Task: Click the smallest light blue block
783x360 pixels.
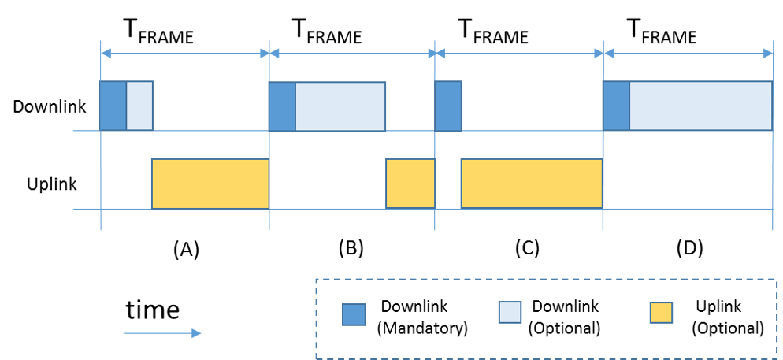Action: pos(139,106)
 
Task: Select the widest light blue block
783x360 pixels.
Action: pos(700,106)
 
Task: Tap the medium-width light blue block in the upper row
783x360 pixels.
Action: pos(340,106)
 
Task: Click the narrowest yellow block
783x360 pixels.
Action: pos(410,184)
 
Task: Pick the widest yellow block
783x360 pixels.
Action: pos(532,184)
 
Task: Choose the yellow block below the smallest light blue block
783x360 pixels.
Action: pos(210,184)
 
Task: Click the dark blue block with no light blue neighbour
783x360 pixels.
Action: pos(448,106)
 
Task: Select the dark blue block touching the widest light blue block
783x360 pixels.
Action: pos(616,106)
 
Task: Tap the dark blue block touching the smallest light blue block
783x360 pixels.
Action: pos(113,106)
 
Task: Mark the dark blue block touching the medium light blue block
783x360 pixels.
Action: pos(282,106)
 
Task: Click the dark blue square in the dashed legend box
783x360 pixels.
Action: pos(354,314)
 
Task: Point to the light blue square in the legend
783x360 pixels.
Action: pos(510,312)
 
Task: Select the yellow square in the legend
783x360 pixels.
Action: pos(661,313)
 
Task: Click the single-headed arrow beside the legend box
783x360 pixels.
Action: pos(162,333)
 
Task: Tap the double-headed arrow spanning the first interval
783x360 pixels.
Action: pos(185,53)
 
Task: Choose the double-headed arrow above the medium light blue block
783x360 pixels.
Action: pos(352,53)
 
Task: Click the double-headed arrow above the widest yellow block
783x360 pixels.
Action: pos(519,53)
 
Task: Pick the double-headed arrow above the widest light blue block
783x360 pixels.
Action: pos(688,53)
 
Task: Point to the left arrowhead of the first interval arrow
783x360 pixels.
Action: pos(106,53)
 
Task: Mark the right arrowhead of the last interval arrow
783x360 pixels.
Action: pos(768,53)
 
